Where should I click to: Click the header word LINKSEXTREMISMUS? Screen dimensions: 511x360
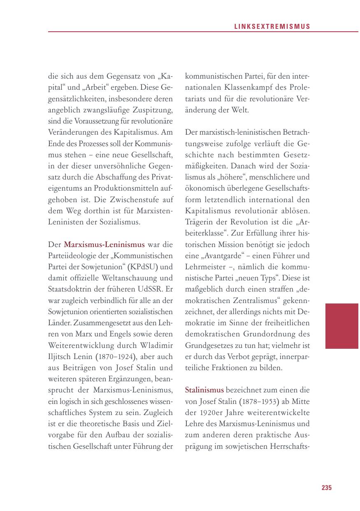point(272,26)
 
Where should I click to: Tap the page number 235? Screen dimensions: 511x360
point(326,488)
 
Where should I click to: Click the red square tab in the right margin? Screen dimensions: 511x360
point(341,326)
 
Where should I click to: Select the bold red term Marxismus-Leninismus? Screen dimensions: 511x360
point(104,244)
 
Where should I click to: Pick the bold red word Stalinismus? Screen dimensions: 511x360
point(204,390)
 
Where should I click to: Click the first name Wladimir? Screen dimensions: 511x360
point(154,344)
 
